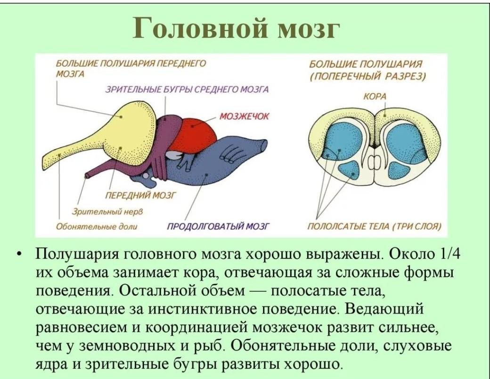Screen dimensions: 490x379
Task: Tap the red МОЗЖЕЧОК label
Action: [244, 116]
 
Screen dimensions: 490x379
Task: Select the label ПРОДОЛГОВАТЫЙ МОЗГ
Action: [218, 226]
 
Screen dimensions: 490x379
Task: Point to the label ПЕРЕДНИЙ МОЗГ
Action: [140, 196]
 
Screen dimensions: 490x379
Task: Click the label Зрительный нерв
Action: [107, 212]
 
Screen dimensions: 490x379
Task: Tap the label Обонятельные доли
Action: [97, 226]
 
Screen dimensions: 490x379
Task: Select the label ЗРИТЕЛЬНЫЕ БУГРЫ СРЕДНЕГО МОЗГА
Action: [187, 90]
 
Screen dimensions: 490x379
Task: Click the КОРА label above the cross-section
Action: [375, 96]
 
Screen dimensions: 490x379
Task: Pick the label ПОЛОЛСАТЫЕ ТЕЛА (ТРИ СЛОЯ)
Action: [375, 226]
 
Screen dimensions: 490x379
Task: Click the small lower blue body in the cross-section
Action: [351, 171]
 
